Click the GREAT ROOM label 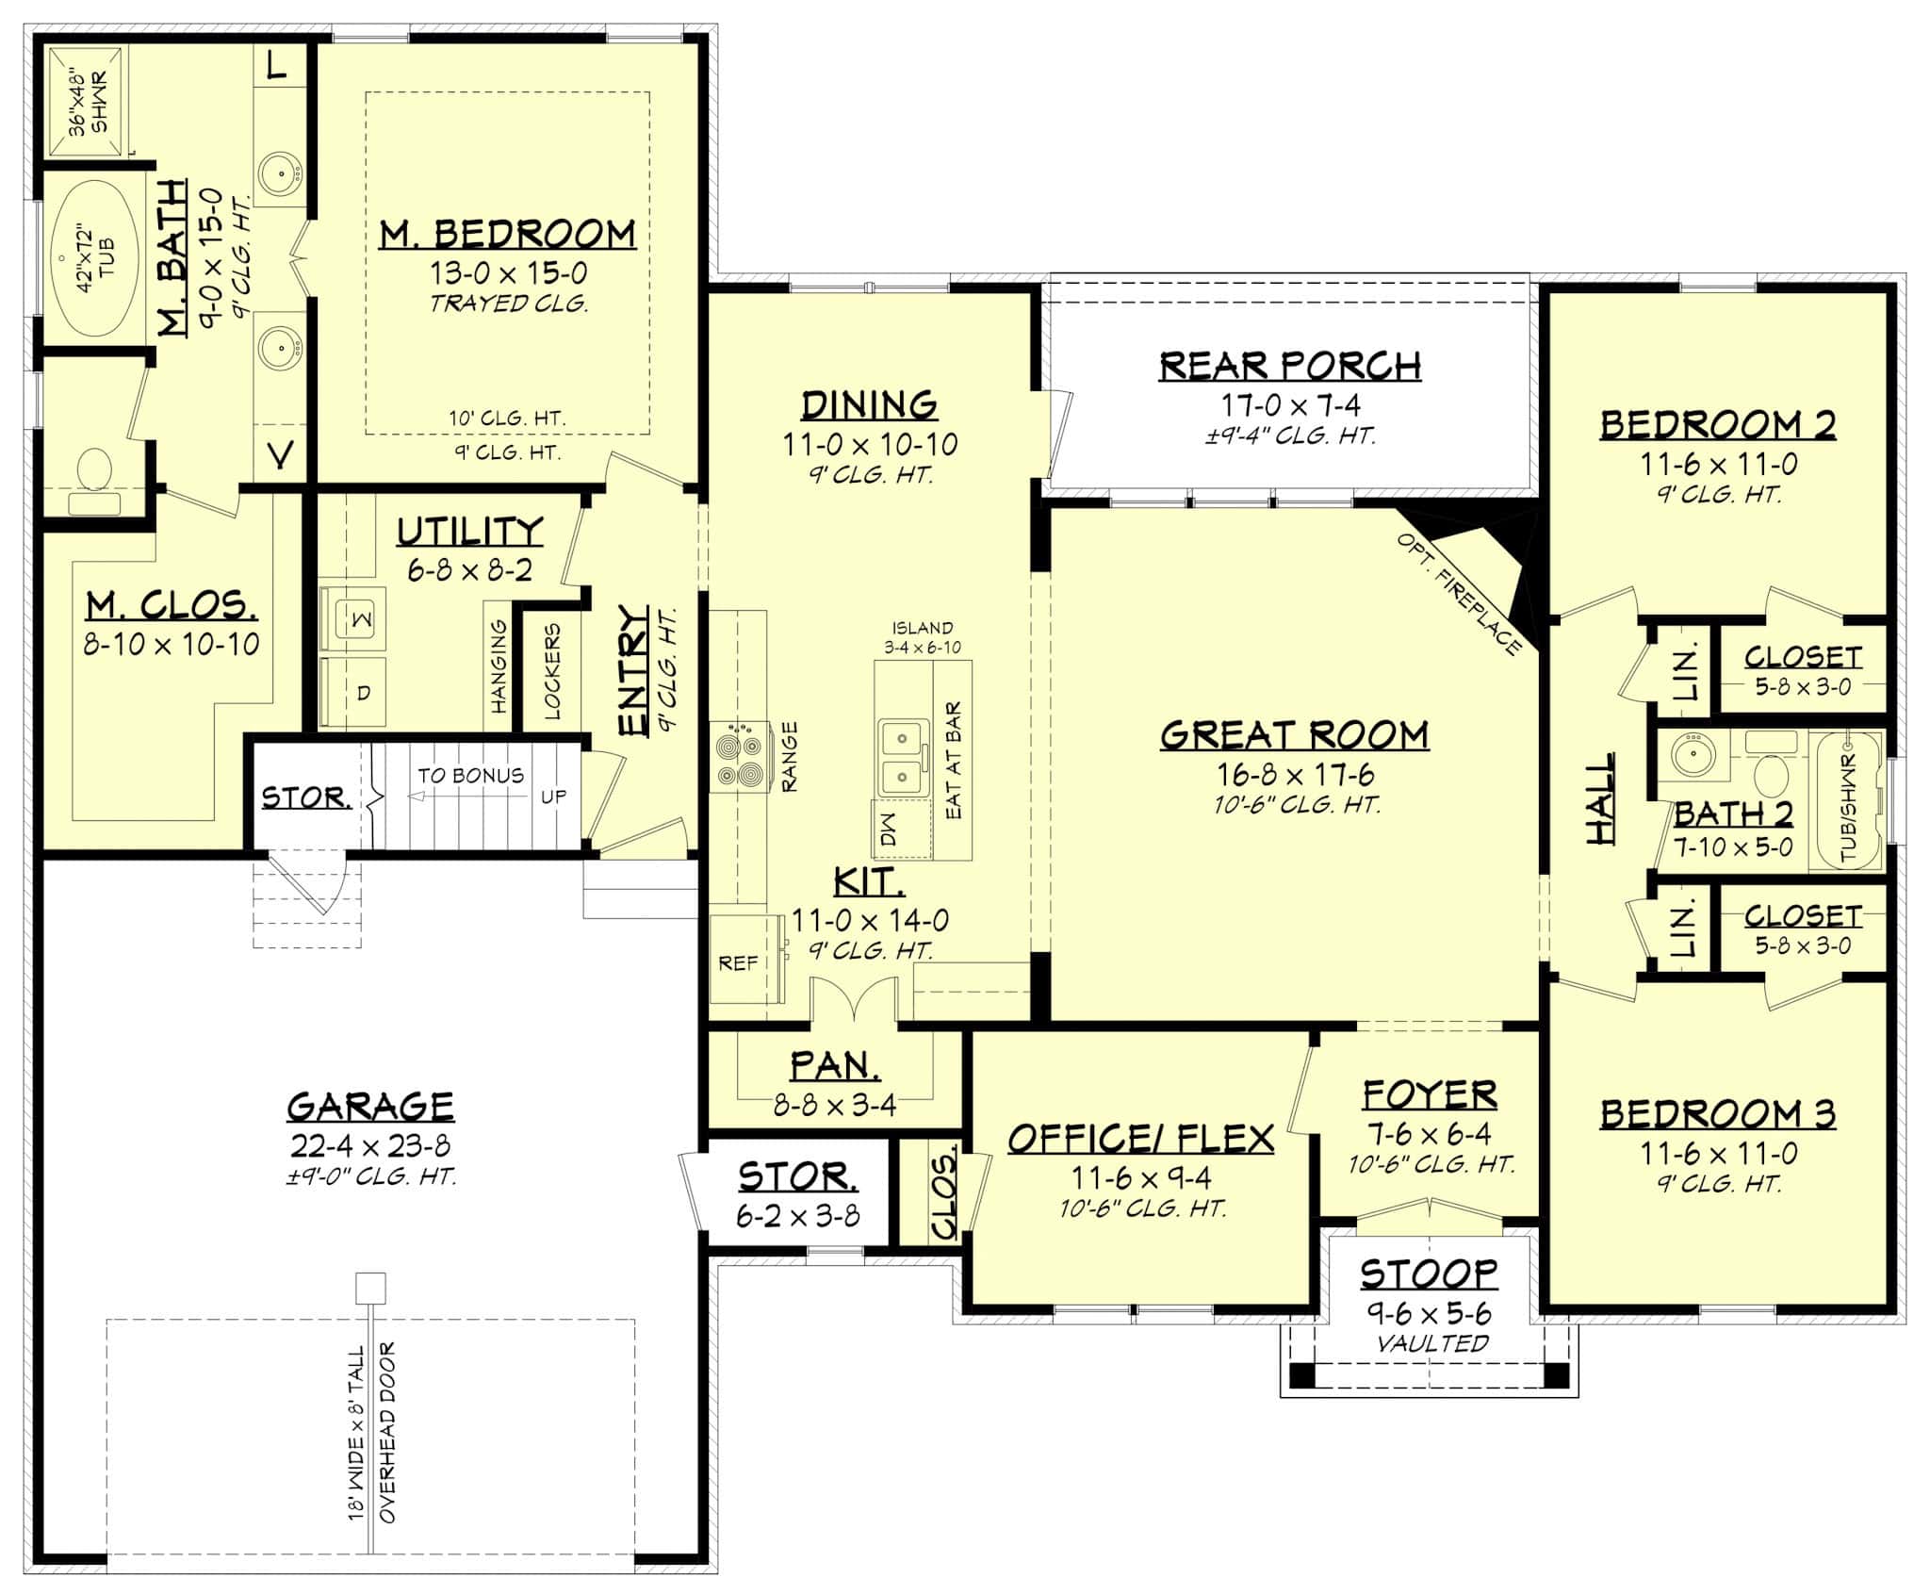pyautogui.click(x=1294, y=735)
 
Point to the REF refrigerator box pyautogui.click(x=738, y=963)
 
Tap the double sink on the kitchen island pyautogui.click(x=902, y=757)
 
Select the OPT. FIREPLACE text pyautogui.click(x=1460, y=594)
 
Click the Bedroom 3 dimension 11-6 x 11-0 pyautogui.click(x=1719, y=1153)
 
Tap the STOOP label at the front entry pyautogui.click(x=1429, y=1274)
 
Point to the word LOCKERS pyautogui.click(x=552, y=670)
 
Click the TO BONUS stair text pyautogui.click(x=470, y=775)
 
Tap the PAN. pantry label pyautogui.click(x=835, y=1065)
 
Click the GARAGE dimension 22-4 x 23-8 pyautogui.click(x=370, y=1145)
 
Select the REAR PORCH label pyautogui.click(x=1290, y=366)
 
